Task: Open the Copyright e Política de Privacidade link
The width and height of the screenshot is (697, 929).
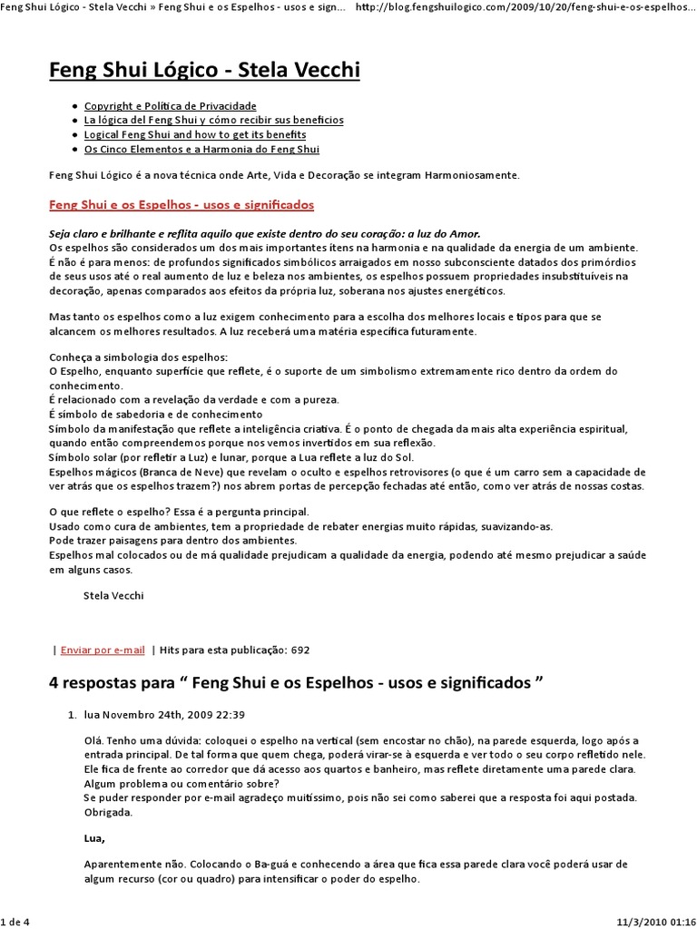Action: point(170,106)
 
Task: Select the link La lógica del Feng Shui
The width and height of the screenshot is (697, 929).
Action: point(213,120)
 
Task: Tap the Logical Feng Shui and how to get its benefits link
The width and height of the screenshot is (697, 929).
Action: point(195,134)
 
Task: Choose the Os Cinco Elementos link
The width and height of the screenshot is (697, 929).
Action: point(201,149)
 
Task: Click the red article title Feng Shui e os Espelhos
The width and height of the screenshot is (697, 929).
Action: point(181,205)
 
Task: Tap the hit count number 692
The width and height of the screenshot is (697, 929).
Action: point(300,650)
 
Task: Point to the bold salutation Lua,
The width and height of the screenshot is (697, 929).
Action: point(94,837)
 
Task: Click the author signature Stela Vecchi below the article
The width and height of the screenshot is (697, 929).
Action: point(113,595)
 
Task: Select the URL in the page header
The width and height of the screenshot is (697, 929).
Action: point(526,7)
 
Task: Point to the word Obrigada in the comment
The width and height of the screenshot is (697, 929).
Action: point(108,812)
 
